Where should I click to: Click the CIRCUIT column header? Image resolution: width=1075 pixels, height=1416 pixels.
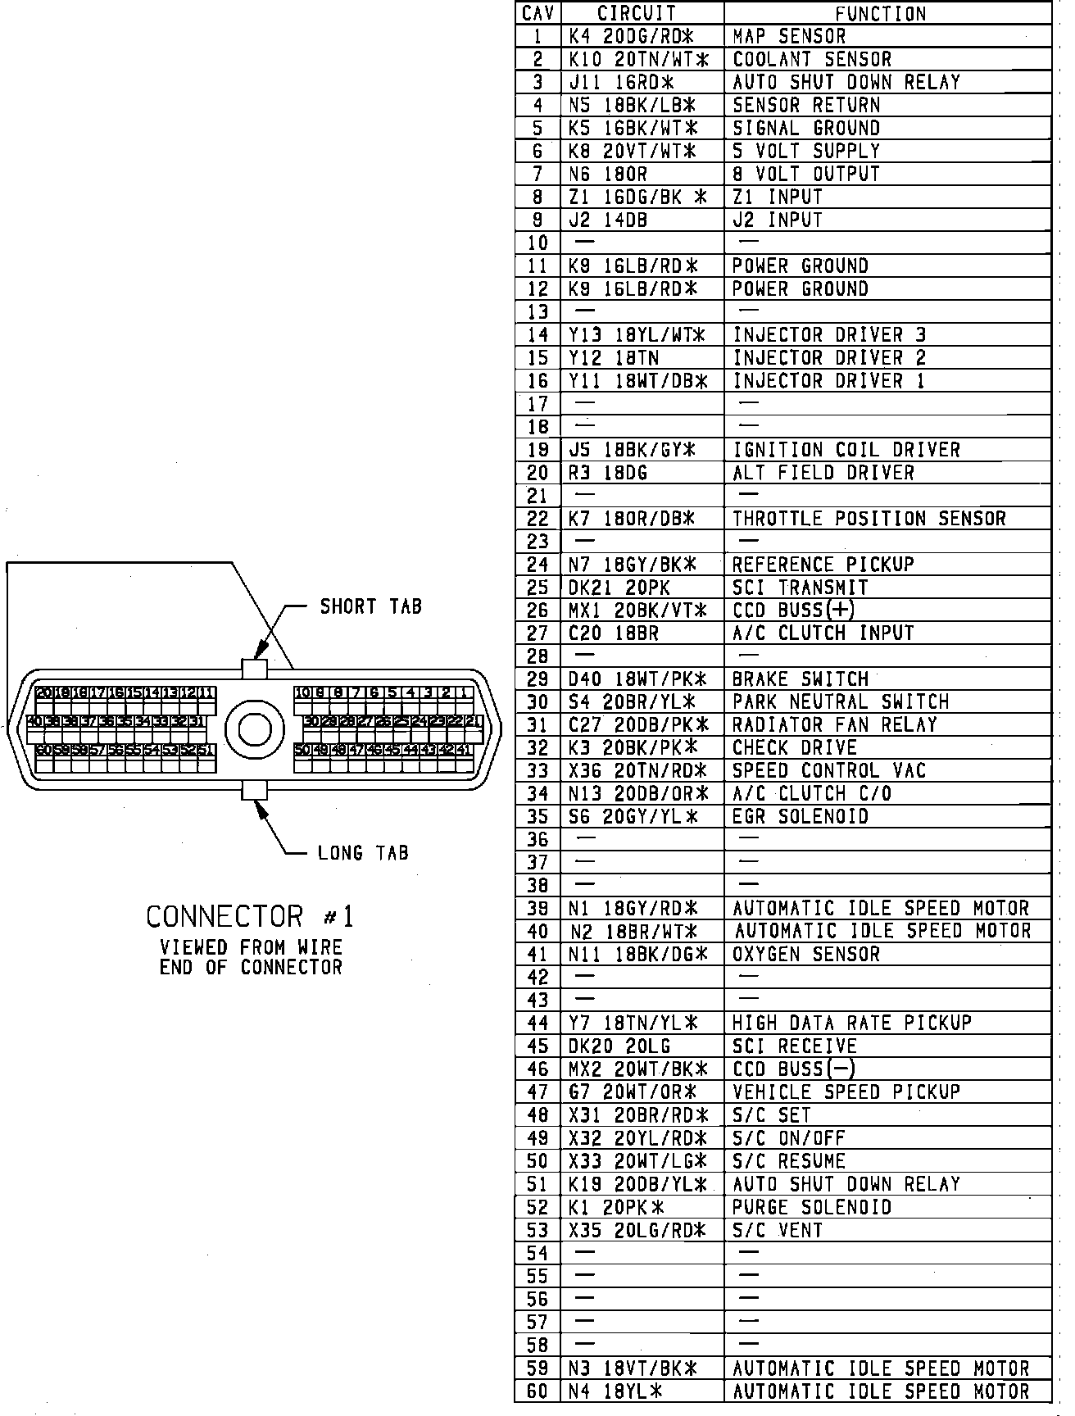click(637, 13)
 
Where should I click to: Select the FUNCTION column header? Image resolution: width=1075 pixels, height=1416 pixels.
click(880, 13)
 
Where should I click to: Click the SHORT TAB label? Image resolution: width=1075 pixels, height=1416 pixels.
click(370, 606)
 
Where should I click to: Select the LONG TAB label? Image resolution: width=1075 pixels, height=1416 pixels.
click(362, 853)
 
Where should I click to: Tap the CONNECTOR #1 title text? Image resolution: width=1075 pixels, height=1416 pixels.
click(249, 916)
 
